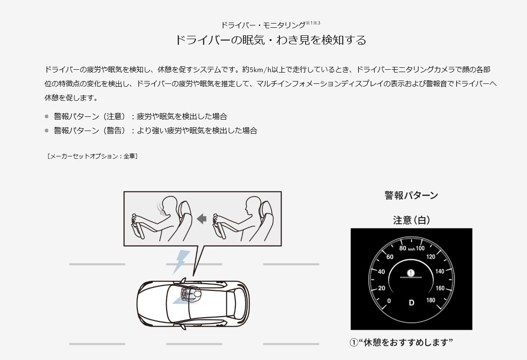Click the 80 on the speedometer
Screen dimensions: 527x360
tap(403, 248)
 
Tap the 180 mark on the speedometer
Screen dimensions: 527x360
tap(431, 300)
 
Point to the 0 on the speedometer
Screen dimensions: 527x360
tap(389, 301)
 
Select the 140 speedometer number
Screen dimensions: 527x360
tap(439, 271)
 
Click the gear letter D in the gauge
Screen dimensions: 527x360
tap(412, 303)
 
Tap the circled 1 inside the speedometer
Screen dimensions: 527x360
tap(411, 273)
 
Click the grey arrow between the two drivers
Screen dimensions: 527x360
tap(201, 219)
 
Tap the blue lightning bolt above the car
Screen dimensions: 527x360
tap(181, 262)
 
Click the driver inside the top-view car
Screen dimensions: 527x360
tap(192, 294)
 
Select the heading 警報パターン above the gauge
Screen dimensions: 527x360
tap(412, 195)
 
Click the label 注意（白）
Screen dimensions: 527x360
tap(412, 220)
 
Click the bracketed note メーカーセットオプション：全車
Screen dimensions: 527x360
tap(92, 156)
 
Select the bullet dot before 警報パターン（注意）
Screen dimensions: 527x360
tap(47, 117)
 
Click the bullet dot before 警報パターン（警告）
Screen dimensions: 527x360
tap(47, 131)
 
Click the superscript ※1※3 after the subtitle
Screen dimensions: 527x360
tap(313, 23)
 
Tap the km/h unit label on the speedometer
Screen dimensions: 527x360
tap(412, 249)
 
